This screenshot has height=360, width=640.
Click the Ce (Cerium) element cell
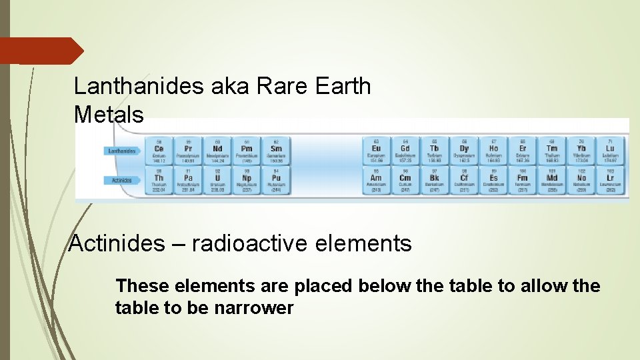click(159, 151)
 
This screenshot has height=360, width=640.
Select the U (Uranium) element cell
click(218, 180)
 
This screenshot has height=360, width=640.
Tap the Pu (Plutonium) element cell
click(276, 180)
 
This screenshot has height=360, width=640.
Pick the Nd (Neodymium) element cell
click(218, 151)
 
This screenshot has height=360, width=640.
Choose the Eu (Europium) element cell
click(376, 151)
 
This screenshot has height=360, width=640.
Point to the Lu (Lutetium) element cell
click(611, 151)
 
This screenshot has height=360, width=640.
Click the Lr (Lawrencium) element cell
click(611, 180)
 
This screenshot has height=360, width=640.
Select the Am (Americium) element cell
click(376, 180)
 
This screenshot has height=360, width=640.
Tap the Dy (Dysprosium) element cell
click(464, 151)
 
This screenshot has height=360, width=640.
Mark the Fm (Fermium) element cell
click(523, 180)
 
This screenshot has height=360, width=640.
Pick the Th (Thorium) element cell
click(159, 180)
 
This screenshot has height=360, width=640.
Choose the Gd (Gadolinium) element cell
click(405, 151)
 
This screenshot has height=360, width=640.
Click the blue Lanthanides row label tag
click(123, 151)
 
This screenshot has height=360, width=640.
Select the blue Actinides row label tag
click(123, 179)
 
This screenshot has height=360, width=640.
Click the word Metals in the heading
click(109, 115)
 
